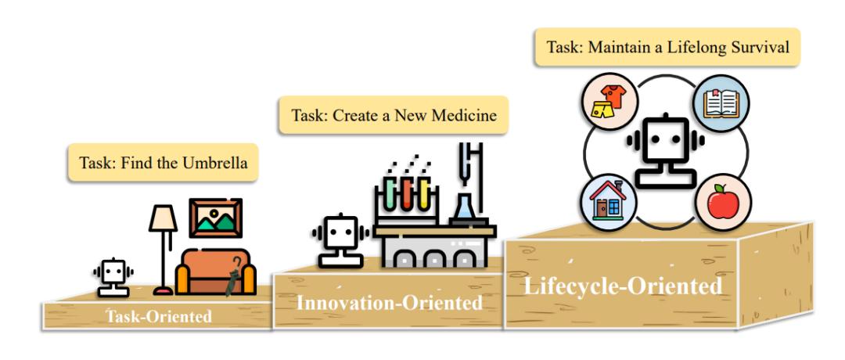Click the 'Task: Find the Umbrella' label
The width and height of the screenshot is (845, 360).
(164, 162)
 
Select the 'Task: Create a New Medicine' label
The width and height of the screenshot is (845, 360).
(394, 115)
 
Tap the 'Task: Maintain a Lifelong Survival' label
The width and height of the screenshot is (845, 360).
(667, 47)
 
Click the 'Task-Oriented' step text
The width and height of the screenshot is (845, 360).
(159, 316)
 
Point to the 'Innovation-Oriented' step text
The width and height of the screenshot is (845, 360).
(390, 303)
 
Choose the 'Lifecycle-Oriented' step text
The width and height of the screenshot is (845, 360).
(623, 286)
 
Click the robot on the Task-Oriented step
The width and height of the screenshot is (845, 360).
(113, 278)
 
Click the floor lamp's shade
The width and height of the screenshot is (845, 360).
(163, 218)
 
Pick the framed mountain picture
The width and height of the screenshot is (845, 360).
(216, 218)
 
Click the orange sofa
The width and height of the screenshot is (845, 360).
(216, 272)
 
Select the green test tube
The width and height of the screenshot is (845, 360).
(390, 194)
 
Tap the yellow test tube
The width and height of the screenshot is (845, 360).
(424, 194)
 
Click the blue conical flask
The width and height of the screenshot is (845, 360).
(465, 207)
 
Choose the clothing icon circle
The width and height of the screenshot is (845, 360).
(609, 102)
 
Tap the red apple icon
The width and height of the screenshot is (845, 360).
(723, 203)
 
